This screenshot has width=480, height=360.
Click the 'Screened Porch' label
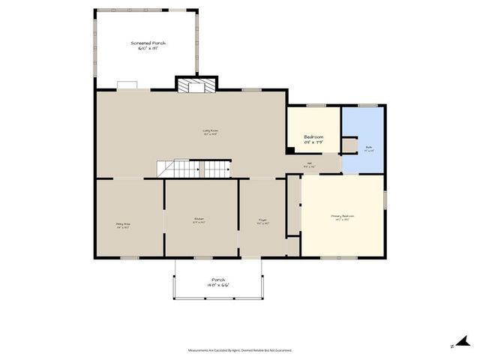tap(148, 43)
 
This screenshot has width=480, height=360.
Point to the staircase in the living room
tap(193, 169)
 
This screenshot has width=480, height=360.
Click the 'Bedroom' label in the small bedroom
tap(313, 137)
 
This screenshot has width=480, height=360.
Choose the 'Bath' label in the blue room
tap(369, 148)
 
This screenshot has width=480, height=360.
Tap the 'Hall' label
tap(309, 166)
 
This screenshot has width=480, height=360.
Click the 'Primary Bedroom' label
tap(342, 216)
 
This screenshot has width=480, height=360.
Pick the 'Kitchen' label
tap(199, 219)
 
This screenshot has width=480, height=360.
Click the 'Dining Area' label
tap(124, 223)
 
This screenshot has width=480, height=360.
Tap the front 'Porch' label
tap(218, 280)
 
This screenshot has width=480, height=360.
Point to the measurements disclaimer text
tap(240, 350)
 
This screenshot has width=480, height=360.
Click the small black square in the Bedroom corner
tap(290, 148)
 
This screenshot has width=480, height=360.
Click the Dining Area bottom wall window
tap(129, 258)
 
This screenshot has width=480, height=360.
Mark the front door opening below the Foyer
tap(251, 258)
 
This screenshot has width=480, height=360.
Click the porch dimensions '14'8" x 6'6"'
tap(218, 285)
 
